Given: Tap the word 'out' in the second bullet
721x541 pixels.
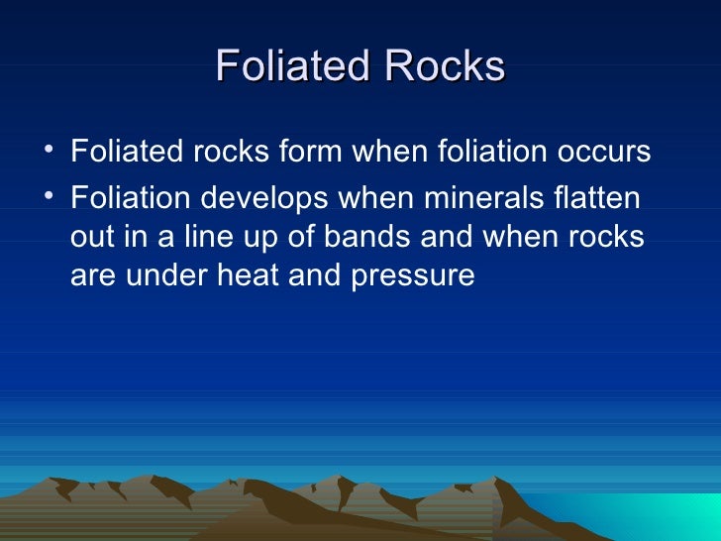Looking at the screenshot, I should click(x=90, y=239).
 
